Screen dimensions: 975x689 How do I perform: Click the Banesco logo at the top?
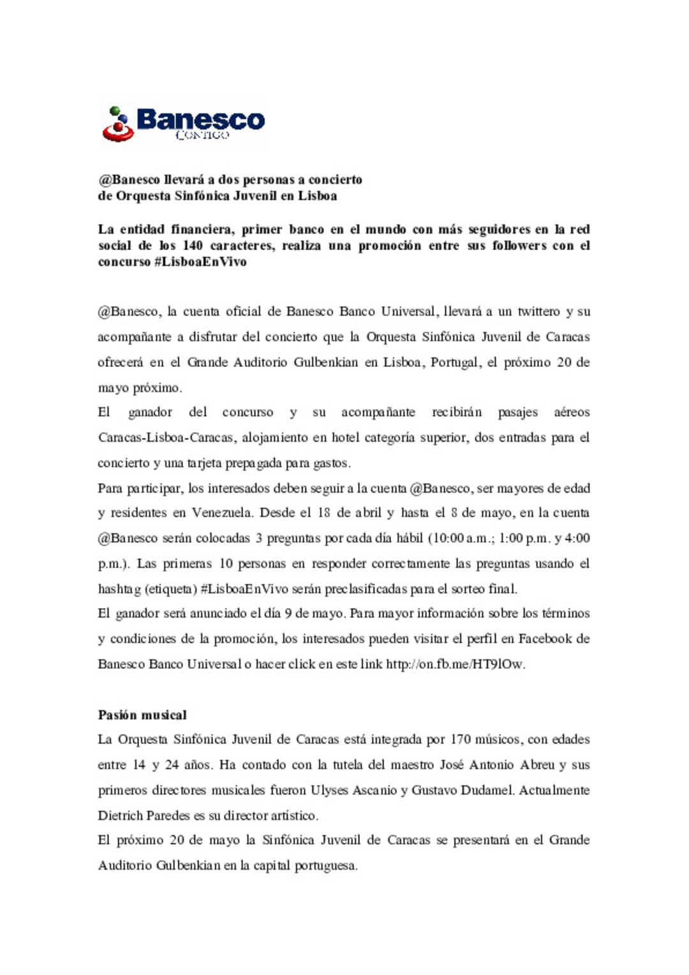tap(183, 123)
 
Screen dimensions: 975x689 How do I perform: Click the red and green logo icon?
tap(117, 124)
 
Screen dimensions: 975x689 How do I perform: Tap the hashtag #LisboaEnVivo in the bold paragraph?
tap(200, 262)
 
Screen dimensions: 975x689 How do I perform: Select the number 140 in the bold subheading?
tap(192, 246)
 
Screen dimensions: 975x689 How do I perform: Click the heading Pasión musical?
tap(142, 715)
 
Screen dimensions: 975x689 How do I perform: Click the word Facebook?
tap(545, 639)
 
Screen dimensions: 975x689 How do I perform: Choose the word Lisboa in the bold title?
tap(317, 196)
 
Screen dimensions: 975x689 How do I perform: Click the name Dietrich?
tap(120, 815)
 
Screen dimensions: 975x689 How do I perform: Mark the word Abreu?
tap(537, 765)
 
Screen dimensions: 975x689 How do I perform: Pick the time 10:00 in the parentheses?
tap(448, 538)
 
